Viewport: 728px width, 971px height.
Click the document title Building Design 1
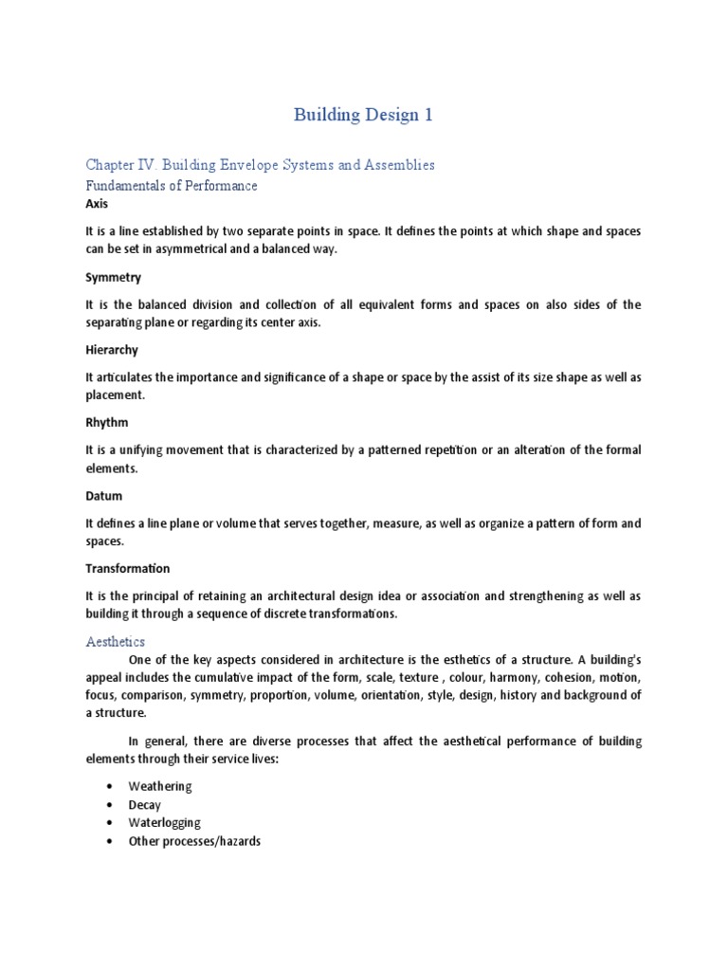[x=363, y=116]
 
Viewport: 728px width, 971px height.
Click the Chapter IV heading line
[x=260, y=165]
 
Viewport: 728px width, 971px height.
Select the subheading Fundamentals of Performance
[x=171, y=186]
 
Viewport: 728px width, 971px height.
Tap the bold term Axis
[x=97, y=204]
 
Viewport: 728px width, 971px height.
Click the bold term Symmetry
[x=113, y=277]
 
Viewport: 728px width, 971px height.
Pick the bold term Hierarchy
[x=112, y=350]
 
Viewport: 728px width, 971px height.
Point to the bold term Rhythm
[x=106, y=423]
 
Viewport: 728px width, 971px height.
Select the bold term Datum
[x=103, y=496]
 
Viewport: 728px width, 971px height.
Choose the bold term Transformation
[x=127, y=569]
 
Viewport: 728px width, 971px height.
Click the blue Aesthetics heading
[x=117, y=643]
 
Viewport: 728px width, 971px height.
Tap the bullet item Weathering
[x=160, y=787]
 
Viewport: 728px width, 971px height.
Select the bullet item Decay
[x=145, y=805]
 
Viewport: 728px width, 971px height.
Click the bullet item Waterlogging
[x=164, y=823]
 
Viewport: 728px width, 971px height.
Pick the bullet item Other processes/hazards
[x=194, y=841]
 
